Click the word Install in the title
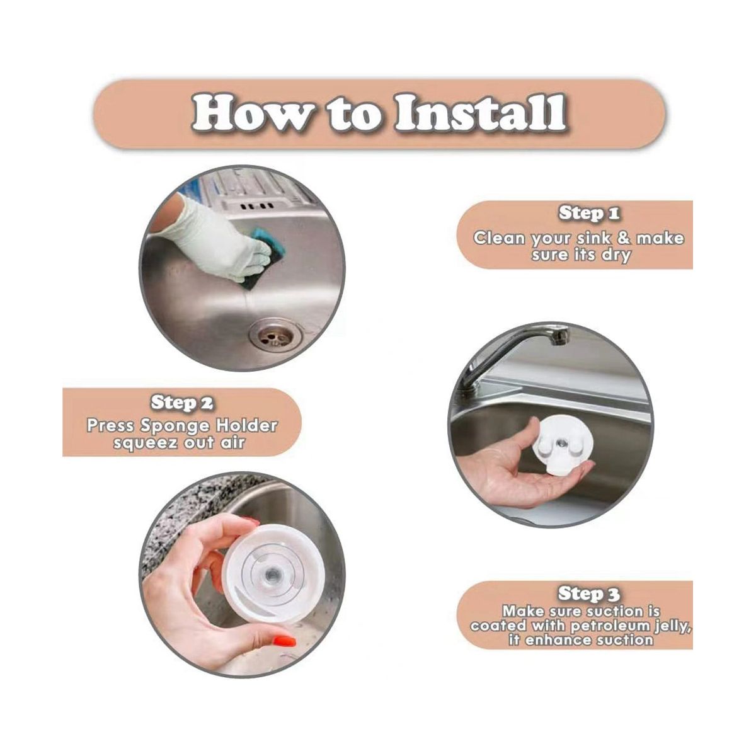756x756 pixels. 480,112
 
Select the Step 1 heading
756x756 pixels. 589,213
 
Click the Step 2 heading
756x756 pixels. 183,403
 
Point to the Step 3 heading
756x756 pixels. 589,593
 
